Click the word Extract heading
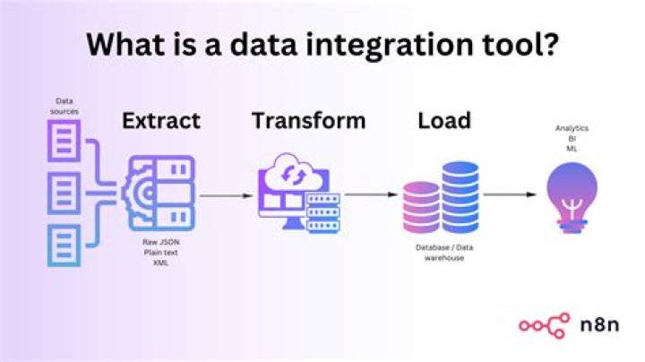[x=161, y=120]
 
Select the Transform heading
[x=307, y=120]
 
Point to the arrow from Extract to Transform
[x=223, y=194]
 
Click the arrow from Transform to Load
[x=370, y=194]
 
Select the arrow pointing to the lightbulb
[x=511, y=194]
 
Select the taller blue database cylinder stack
[x=460, y=197]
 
